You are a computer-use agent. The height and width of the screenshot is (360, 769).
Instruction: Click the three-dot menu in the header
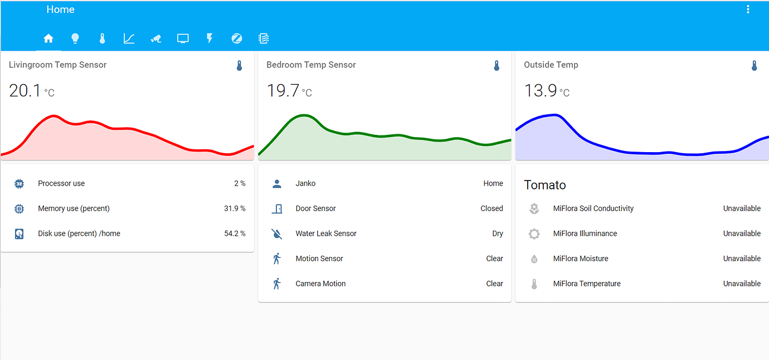pyautogui.click(x=748, y=9)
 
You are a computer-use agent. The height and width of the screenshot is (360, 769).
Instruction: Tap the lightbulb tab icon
pyautogui.click(x=75, y=38)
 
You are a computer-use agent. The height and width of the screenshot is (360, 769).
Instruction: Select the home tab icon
pyautogui.click(x=48, y=38)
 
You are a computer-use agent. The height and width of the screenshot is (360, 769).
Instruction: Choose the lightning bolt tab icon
pyautogui.click(x=210, y=38)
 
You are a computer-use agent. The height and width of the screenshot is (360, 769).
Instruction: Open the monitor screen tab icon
pyautogui.click(x=183, y=38)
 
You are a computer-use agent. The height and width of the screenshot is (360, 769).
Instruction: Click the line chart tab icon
pyautogui.click(x=129, y=38)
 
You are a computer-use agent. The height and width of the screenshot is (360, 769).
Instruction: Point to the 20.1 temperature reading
pyautogui.click(x=25, y=90)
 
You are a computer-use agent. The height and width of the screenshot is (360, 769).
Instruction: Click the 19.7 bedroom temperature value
pyautogui.click(x=283, y=90)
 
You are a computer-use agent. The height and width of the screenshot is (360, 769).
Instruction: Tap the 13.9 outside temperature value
pyautogui.click(x=540, y=90)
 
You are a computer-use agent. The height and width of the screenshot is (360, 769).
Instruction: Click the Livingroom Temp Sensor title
pyautogui.click(x=57, y=65)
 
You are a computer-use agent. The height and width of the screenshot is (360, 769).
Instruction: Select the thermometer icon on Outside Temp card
pyautogui.click(x=754, y=66)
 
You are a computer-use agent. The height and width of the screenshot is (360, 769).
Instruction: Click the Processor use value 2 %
pyautogui.click(x=240, y=183)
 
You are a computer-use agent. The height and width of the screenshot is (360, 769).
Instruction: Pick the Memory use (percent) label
pyautogui.click(x=74, y=208)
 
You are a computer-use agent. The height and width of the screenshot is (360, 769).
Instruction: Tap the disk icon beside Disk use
pyautogui.click(x=19, y=233)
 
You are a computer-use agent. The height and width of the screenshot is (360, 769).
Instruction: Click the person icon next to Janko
pyautogui.click(x=276, y=183)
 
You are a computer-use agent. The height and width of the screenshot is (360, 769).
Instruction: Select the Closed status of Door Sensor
pyautogui.click(x=491, y=208)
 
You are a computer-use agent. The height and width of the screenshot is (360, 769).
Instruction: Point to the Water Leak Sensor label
pyautogui.click(x=326, y=233)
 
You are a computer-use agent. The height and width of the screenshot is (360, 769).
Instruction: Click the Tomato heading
pyautogui.click(x=545, y=185)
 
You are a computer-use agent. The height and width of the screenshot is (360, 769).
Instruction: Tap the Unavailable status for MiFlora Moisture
pyautogui.click(x=742, y=259)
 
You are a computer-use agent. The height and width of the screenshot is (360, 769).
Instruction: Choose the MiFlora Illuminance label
pyautogui.click(x=585, y=233)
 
